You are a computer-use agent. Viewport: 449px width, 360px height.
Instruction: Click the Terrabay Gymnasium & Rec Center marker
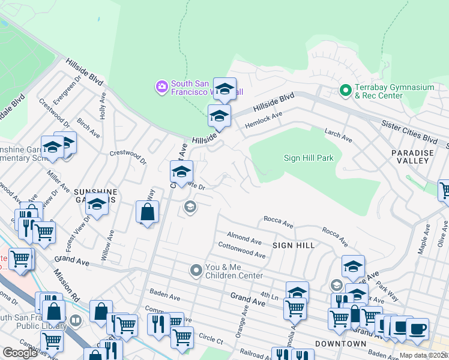(345, 91)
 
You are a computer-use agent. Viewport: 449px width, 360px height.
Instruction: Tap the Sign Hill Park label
(308, 158)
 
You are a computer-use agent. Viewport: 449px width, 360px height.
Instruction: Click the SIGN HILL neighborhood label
(294, 245)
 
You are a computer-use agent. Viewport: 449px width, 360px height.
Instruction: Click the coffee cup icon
(417, 329)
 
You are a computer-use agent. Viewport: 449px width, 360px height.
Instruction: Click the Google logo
(20, 353)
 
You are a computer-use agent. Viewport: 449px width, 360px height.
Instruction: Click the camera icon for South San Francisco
(161, 88)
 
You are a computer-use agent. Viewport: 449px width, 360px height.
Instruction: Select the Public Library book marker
(75, 320)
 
